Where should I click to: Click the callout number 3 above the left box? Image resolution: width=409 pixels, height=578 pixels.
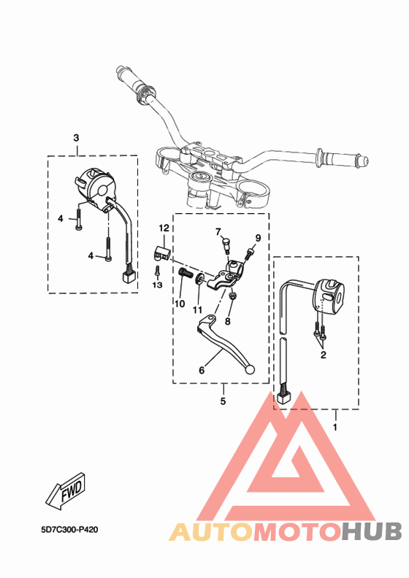pyautogui.click(x=77, y=138)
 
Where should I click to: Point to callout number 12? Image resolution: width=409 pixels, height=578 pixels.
pyautogui.click(x=164, y=228)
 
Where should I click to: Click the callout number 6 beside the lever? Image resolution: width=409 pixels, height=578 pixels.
pyautogui.click(x=202, y=370)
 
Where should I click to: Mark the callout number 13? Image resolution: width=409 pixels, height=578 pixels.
pyautogui.click(x=156, y=285)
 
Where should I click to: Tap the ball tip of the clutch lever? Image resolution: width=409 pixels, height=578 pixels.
pyautogui.click(x=252, y=370)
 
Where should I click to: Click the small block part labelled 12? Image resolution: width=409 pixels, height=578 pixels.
pyautogui.click(x=161, y=253)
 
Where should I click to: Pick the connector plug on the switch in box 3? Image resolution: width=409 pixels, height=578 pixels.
pyautogui.click(x=129, y=276)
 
